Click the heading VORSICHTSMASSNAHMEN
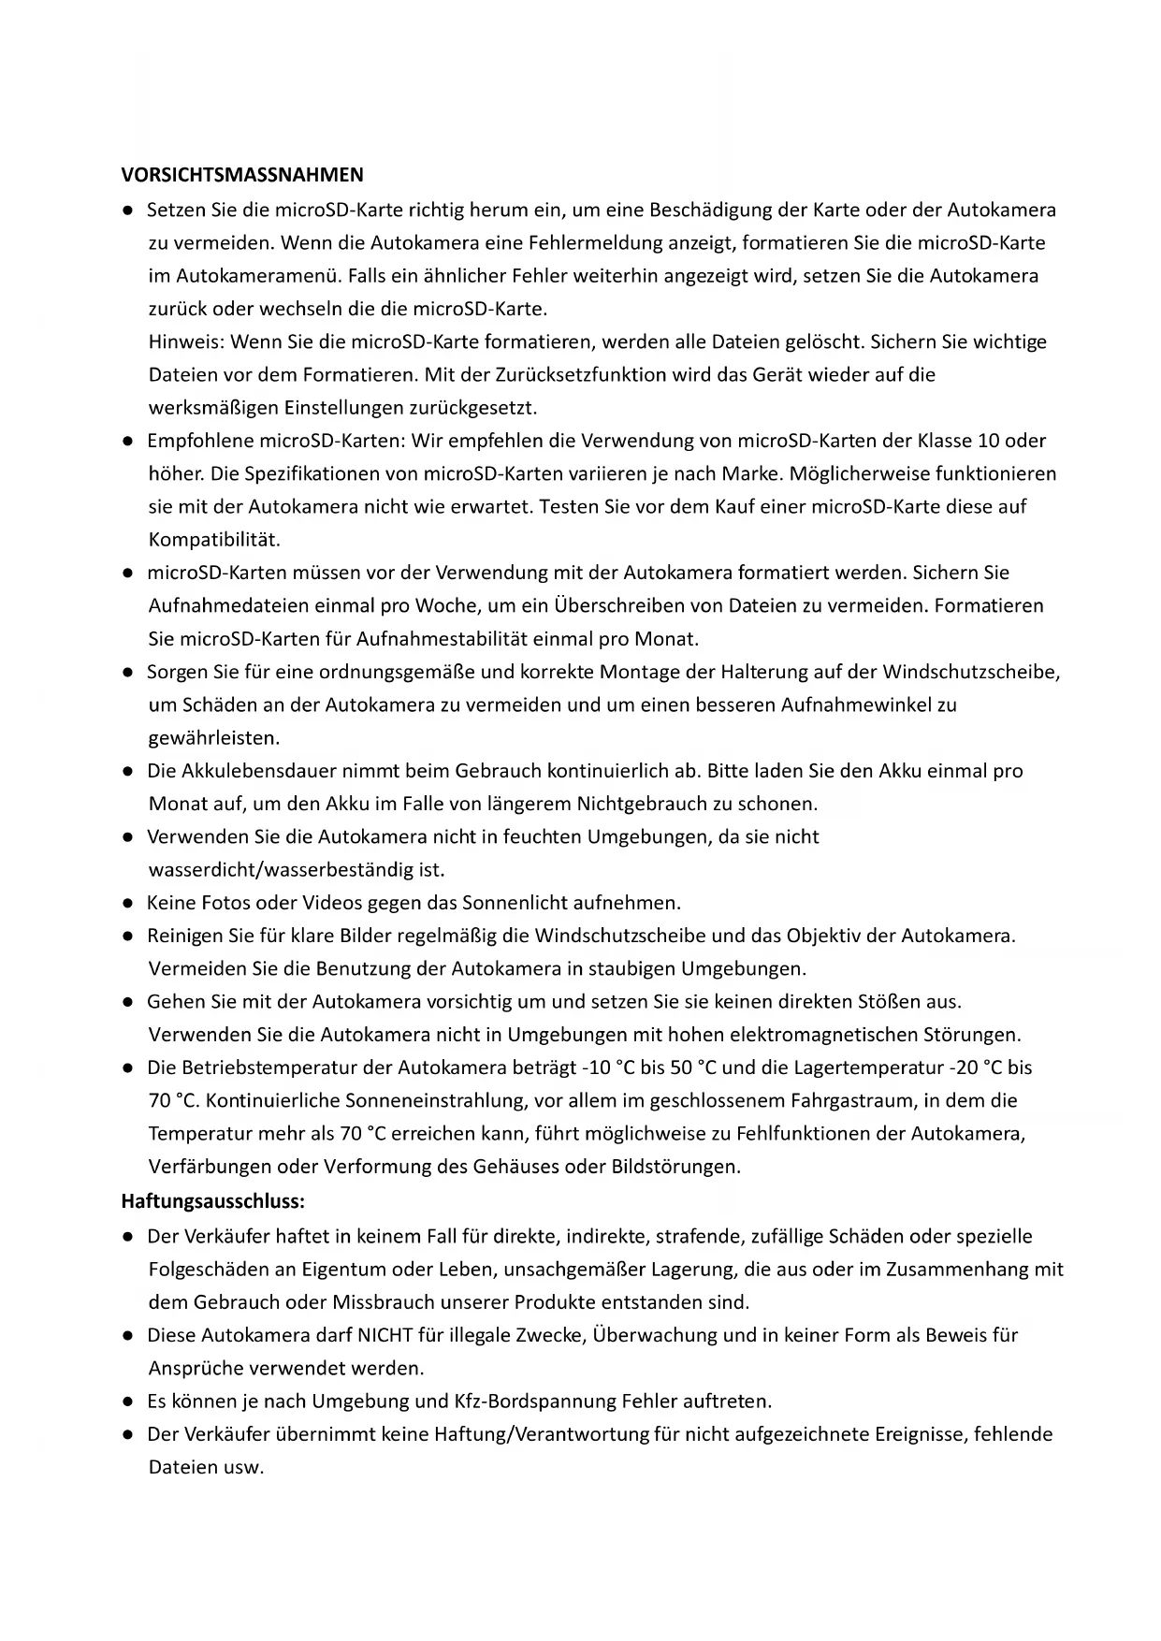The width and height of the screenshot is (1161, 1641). coord(242,175)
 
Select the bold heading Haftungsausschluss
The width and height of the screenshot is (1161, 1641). coord(212,1200)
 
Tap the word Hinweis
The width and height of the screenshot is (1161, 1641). coord(183,342)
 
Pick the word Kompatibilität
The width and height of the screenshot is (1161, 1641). coord(214,540)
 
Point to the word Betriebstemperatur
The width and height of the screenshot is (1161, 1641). coord(270,1068)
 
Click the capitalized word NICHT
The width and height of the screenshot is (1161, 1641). coord(385,1336)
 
